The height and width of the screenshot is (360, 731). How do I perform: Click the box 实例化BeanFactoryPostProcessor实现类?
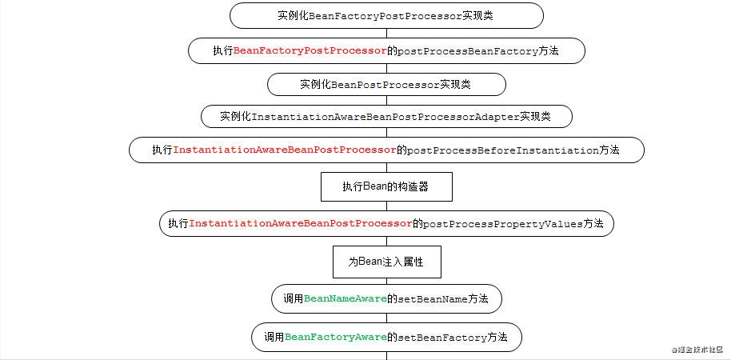tap(386, 16)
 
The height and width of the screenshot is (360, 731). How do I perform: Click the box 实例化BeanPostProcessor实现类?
tap(386, 84)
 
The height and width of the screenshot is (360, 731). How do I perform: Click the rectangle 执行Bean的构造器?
tap(386, 187)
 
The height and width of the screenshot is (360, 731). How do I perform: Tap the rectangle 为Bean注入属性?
tap(386, 262)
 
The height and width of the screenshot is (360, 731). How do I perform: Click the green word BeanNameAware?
tap(345, 298)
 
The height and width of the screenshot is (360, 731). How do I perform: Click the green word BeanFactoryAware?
tap(335, 338)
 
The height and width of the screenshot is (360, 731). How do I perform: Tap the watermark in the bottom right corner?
tap(697, 350)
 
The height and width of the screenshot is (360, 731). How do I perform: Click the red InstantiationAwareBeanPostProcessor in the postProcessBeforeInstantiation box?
tap(286, 150)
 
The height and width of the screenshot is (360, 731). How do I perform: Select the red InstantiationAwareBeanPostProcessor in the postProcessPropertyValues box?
tap(301, 224)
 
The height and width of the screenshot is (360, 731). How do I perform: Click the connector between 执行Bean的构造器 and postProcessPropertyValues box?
tap(386, 206)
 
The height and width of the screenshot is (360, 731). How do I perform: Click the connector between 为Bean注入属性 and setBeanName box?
tap(386, 281)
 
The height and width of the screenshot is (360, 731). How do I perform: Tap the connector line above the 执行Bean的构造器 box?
tap(386, 168)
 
